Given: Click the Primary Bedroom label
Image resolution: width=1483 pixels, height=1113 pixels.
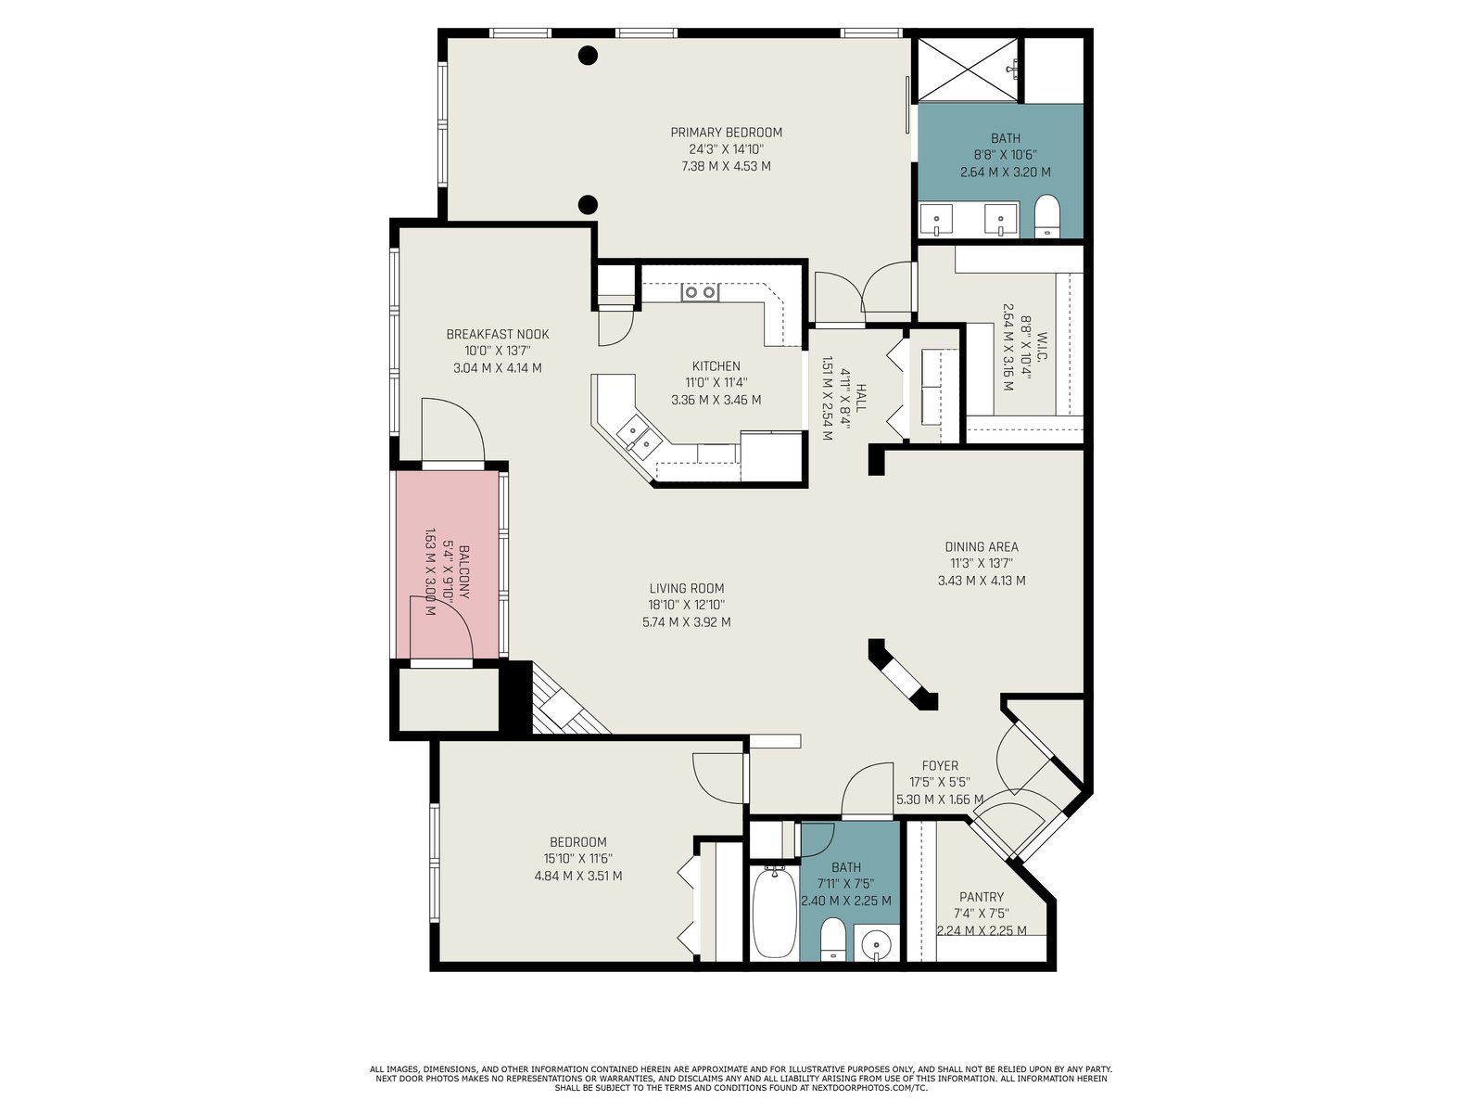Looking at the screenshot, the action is pyautogui.click(x=726, y=133).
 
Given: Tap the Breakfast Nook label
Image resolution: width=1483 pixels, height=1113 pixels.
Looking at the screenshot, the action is pyautogui.click(x=497, y=334).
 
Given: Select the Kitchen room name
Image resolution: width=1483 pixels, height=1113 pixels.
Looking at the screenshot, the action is pyautogui.click(x=716, y=365).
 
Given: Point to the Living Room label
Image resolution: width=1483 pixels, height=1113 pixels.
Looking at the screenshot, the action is pyautogui.click(x=687, y=588).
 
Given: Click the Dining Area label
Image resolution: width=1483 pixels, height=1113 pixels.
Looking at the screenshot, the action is pyautogui.click(x=981, y=546).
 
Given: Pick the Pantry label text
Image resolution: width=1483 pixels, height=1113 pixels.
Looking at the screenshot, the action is pyautogui.click(x=981, y=897).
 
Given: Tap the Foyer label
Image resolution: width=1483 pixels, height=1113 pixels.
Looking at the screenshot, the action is pyautogui.click(x=940, y=766).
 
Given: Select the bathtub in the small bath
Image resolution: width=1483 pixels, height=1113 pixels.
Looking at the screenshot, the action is pyautogui.click(x=774, y=913).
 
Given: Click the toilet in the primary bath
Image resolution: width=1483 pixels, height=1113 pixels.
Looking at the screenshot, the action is pyautogui.click(x=1047, y=216).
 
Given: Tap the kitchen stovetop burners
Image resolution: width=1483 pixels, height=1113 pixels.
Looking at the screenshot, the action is pyautogui.click(x=699, y=292).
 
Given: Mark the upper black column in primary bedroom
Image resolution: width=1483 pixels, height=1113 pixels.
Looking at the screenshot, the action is pyautogui.click(x=588, y=56).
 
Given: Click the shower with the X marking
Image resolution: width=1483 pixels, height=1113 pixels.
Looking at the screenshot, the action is pyautogui.click(x=968, y=69).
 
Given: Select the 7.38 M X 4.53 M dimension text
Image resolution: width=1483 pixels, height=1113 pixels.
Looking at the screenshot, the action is pyautogui.click(x=726, y=166).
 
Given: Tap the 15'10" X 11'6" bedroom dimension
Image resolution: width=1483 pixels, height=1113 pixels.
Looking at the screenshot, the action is pyautogui.click(x=577, y=859).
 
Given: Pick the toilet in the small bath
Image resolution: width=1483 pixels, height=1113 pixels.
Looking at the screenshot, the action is pyautogui.click(x=833, y=939).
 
